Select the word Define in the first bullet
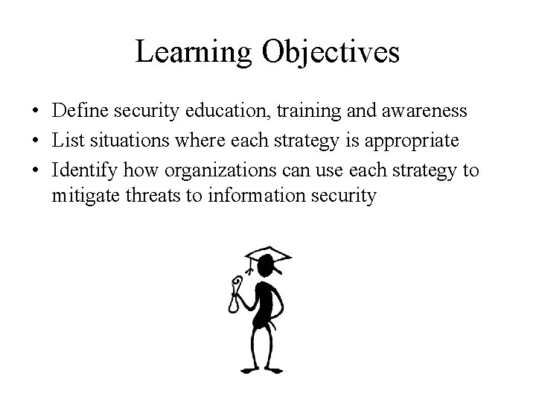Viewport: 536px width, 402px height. point(80,111)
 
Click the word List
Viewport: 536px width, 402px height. point(66,141)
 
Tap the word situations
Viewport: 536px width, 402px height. point(131,141)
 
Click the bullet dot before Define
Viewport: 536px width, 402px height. point(36,112)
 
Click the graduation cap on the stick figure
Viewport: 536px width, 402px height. point(269,258)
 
